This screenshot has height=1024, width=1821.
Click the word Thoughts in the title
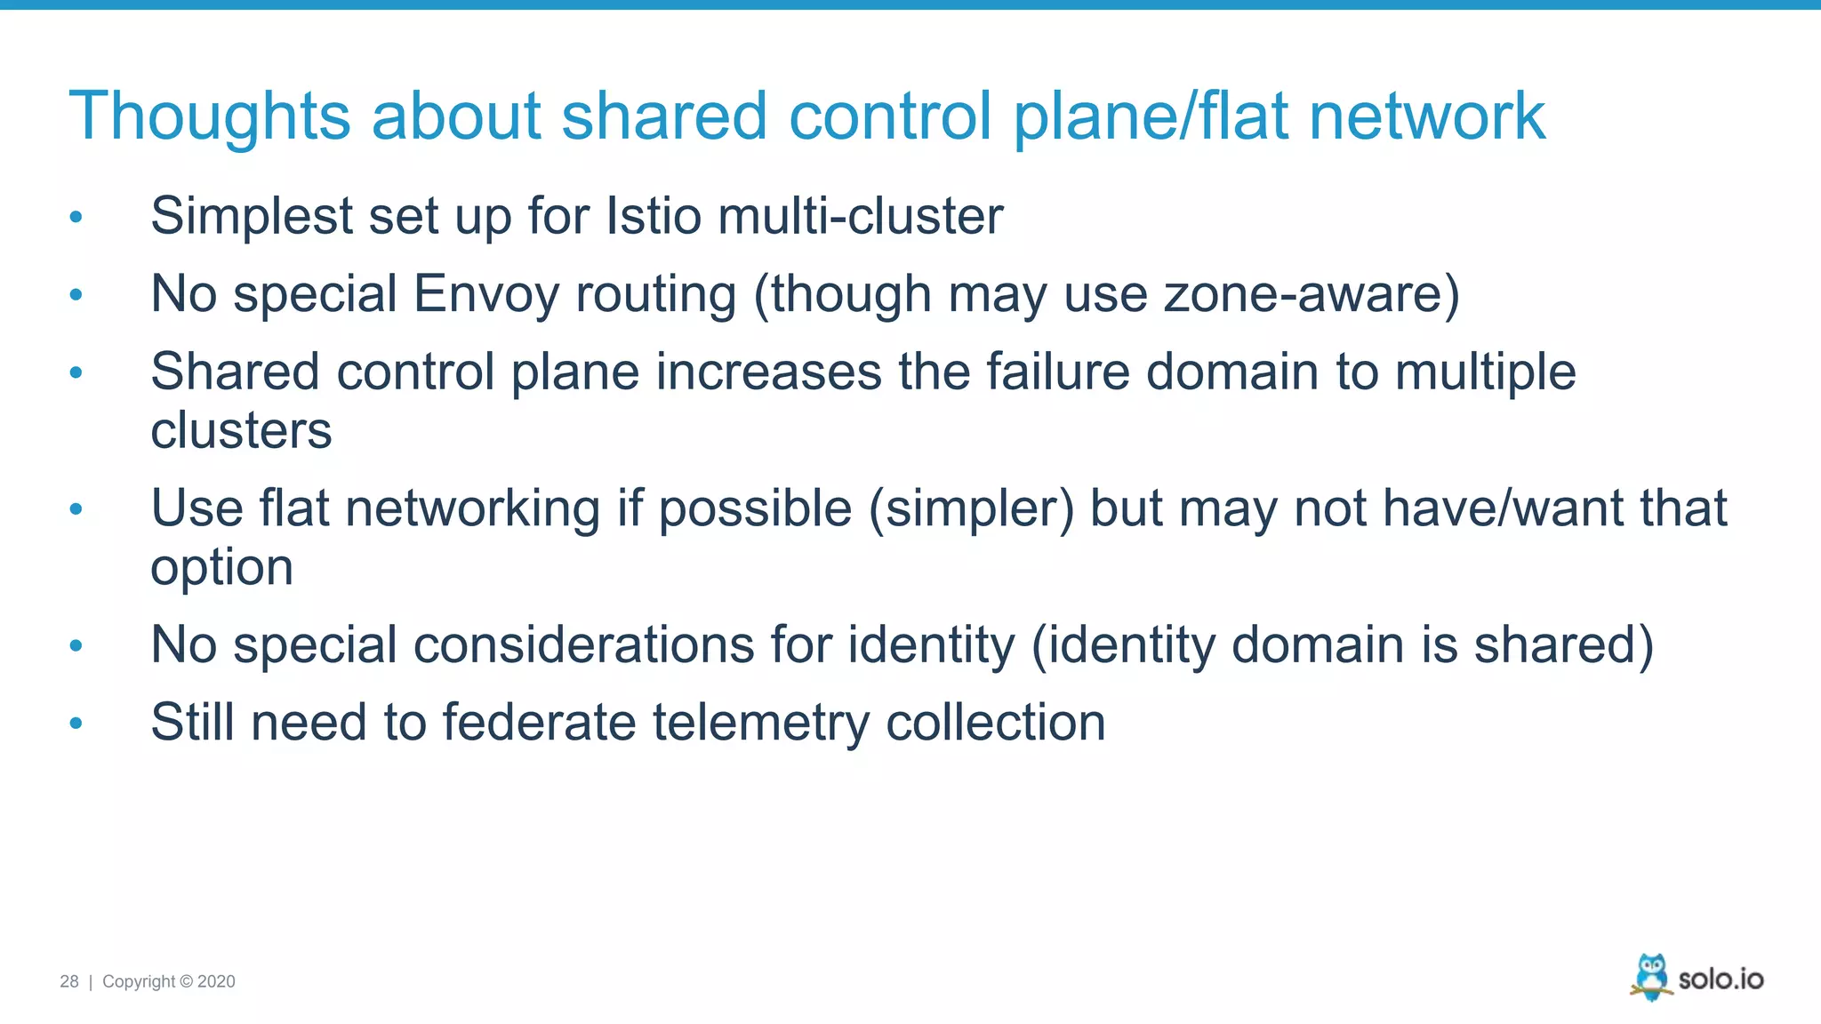pyautogui.click(x=210, y=116)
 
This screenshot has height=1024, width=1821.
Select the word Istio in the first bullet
pyautogui.click(x=653, y=216)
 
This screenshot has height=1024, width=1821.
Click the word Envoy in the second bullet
pyautogui.click(x=485, y=293)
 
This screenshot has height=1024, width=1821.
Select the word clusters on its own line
pyautogui.click(x=241, y=431)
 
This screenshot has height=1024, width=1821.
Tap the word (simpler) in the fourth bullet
pyautogui.click(x=971, y=508)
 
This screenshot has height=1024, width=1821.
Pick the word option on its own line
pyautogui.click(x=221, y=568)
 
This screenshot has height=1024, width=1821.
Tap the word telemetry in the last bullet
pyautogui.click(x=761, y=722)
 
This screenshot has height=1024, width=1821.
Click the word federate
pyautogui.click(x=539, y=722)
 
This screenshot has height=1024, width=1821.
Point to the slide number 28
pyautogui.click(x=69, y=981)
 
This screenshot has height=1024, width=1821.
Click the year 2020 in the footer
pyautogui.click(x=216, y=981)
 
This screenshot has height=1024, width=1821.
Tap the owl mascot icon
pyautogui.click(x=1651, y=976)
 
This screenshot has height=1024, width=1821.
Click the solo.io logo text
pyautogui.click(x=1721, y=980)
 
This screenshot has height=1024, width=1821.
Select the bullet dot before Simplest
pyautogui.click(x=76, y=217)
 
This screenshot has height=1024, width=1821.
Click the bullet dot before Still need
pyautogui.click(x=76, y=724)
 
